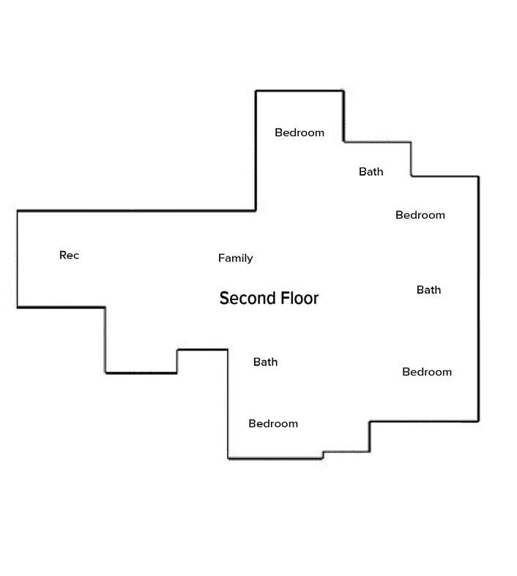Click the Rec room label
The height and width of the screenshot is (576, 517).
pos(69,255)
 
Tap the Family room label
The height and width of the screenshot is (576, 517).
pos(235,258)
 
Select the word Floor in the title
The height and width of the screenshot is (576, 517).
pos(295,299)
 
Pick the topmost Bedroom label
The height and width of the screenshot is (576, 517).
pos(299,132)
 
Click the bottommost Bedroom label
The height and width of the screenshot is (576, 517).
pos(273,424)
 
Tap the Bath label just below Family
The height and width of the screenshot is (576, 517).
pos(265,362)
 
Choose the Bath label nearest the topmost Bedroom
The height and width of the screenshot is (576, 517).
pos(371,172)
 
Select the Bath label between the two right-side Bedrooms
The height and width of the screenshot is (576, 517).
pos(428,290)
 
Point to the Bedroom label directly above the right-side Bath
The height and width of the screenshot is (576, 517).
pos(420,215)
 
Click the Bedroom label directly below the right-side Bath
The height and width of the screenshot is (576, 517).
pos(427,372)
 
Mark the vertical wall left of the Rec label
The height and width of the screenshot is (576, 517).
pos(17,259)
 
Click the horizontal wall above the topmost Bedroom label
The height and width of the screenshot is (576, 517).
pos(299,91)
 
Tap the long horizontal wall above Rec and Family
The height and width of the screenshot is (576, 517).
pos(136,211)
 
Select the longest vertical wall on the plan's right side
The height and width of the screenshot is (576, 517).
pos(478,299)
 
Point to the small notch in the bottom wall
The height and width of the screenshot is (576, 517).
pos(323,455)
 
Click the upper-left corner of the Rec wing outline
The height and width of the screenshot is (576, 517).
pos(18,212)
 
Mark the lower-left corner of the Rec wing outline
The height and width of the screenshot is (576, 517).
pos(18,307)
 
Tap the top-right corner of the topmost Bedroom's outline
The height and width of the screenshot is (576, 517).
pos(343,91)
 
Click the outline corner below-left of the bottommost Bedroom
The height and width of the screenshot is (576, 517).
pos(228,458)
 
